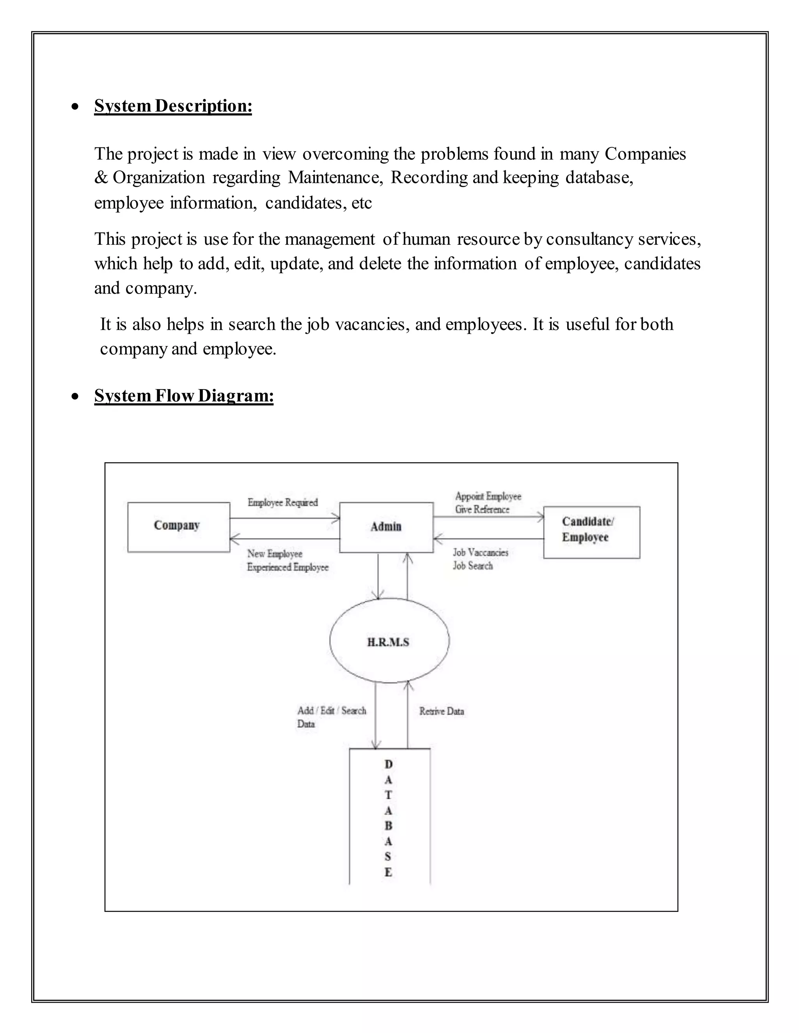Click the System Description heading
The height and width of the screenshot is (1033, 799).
point(173,106)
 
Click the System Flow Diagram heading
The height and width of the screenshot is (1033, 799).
point(184,395)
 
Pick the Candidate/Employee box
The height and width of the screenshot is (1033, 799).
point(591,532)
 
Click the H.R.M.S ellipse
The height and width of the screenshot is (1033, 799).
point(389,641)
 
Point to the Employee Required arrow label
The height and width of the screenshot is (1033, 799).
point(282,502)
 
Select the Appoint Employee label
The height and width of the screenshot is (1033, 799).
point(488,496)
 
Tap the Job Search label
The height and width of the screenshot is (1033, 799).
point(473,566)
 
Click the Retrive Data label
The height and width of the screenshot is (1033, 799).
point(441,711)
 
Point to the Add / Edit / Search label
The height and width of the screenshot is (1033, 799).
point(331,710)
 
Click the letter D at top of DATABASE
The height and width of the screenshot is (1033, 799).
point(389,764)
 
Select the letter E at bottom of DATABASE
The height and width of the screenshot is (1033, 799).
point(389,872)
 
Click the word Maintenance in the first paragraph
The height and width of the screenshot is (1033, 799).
point(335,177)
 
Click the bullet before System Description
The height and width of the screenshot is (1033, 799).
point(75,107)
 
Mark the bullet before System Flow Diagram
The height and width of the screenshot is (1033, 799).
point(75,396)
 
